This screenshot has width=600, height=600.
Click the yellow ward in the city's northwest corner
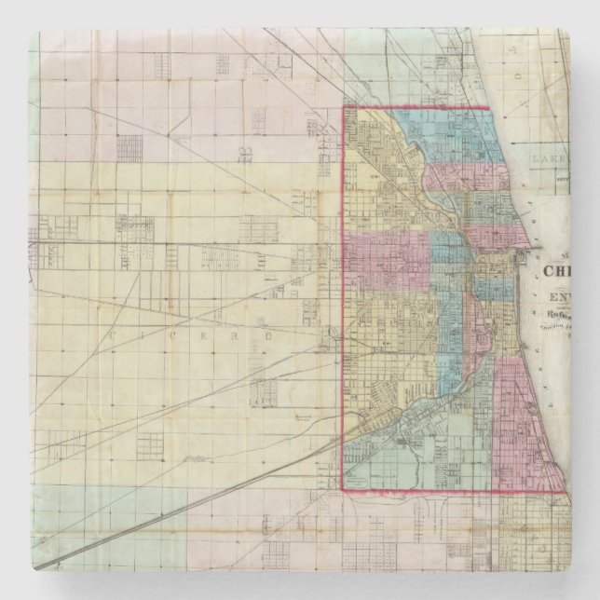click(373, 140)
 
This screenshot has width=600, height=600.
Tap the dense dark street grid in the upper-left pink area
click(130, 148)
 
